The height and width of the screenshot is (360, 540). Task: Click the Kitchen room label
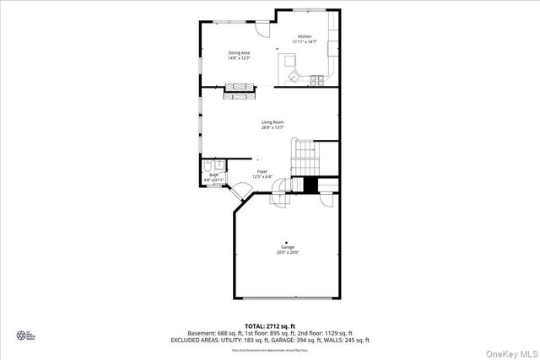coord(304,36)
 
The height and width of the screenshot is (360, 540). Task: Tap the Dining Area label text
coord(239,52)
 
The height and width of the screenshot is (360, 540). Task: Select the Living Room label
coord(272,122)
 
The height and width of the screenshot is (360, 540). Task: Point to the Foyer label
coord(262,171)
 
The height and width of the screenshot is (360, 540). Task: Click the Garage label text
coord(288,247)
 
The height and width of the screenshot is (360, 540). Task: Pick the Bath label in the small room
coord(213,175)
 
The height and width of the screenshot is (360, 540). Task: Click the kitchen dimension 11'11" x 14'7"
coord(304,41)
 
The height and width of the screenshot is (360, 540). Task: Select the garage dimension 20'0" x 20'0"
coord(288,252)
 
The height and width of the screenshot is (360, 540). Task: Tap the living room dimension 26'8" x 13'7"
coord(272,127)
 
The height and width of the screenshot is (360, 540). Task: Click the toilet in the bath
coord(219,164)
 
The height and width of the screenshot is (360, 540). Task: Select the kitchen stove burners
coord(316,81)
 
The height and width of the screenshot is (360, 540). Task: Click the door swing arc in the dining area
coord(262,29)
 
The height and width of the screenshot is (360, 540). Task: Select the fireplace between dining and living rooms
coord(240,91)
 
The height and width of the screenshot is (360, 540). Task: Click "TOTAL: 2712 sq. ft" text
coord(270,325)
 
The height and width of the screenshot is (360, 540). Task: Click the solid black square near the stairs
coord(310,185)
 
